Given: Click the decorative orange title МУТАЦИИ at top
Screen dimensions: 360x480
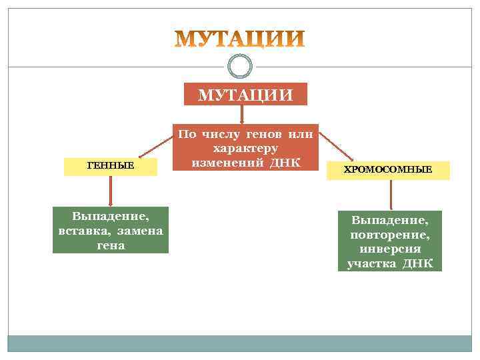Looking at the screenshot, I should [240, 40].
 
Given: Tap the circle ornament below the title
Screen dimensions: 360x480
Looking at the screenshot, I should [240, 65].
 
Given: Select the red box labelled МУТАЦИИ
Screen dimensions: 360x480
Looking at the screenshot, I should [245, 94].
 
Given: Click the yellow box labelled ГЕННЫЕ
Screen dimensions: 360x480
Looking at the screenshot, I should [111, 165].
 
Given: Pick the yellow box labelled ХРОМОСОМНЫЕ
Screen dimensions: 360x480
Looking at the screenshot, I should [387, 170].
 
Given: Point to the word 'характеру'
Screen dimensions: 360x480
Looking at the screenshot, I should [245, 148].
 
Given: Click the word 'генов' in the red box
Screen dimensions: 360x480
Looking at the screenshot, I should [271, 135].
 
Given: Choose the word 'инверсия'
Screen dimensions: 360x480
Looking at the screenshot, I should [390, 249].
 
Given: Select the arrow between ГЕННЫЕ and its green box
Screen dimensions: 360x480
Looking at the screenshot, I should [111, 191].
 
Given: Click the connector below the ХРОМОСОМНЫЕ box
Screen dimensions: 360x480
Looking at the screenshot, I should [391, 195].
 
